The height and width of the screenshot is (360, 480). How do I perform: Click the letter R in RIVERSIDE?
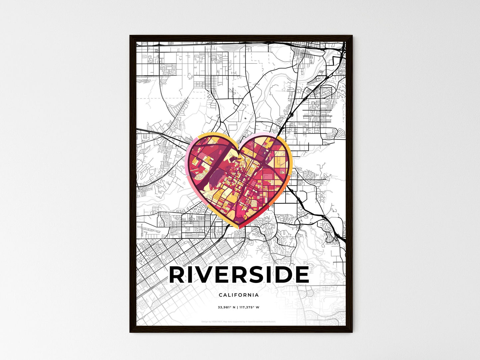(x=177, y=275)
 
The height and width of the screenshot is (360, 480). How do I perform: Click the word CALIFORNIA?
(x=239, y=295)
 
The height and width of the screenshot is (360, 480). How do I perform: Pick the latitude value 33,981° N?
(x=227, y=307)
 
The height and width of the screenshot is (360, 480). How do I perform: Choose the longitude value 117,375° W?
(x=249, y=307)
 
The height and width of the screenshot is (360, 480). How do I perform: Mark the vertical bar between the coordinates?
(x=238, y=307)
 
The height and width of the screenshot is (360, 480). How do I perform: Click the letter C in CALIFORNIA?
(x=221, y=295)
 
